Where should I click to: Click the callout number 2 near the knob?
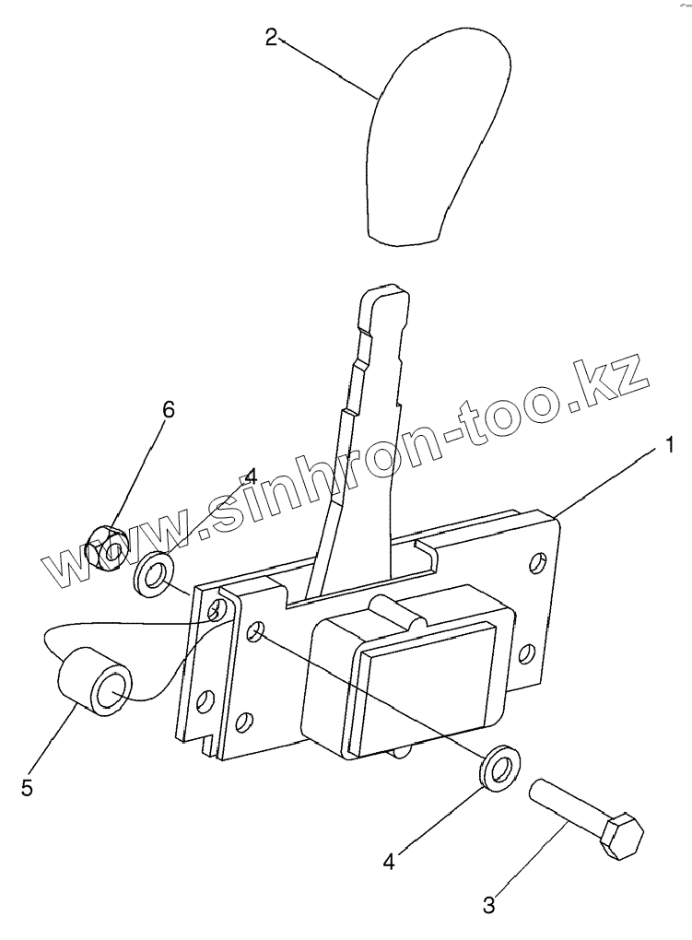271,38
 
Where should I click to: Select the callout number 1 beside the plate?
671,446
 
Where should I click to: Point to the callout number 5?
27,788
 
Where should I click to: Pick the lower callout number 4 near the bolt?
389,861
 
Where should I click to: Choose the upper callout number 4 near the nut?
252,477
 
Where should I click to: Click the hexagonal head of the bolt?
621,835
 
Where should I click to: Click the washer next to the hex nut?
154,573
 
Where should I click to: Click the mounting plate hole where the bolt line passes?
257,631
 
